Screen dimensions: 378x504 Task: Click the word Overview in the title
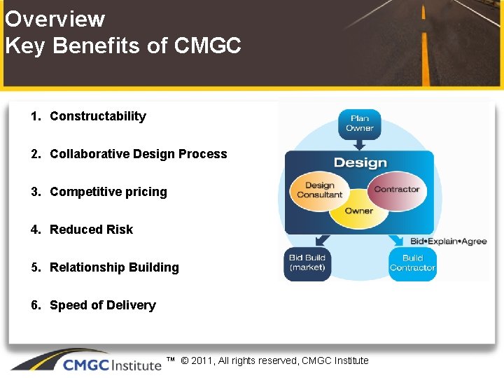click(x=55, y=19)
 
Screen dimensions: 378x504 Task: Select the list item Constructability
click(x=97, y=116)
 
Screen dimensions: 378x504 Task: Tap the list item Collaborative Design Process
click(x=138, y=154)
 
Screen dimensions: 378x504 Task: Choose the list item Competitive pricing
click(x=108, y=192)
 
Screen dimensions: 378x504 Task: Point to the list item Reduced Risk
click(x=91, y=230)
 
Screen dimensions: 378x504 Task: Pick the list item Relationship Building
click(x=114, y=267)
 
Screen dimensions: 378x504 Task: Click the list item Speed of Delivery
click(x=102, y=305)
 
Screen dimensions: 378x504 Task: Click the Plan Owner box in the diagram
click(x=359, y=123)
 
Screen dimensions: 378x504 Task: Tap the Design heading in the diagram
click(x=360, y=163)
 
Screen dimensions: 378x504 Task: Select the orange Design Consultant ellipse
click(x=318, y=190)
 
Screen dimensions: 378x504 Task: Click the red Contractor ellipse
click(x=397, y=189)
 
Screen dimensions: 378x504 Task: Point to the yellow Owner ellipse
click(x=358, y=211)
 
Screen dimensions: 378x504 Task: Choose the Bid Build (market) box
click(x=307, y=263)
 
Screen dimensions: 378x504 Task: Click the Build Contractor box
click(x=412, y=263)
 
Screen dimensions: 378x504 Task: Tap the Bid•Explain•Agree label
click(x=448, y=241)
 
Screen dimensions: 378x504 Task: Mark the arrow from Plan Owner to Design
click(x=359, y=144)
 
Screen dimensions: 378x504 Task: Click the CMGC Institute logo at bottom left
click(x=84, y=362)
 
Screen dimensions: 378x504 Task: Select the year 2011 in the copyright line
click(x=202, y=360)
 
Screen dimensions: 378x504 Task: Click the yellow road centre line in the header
click(x=425, y=42)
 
